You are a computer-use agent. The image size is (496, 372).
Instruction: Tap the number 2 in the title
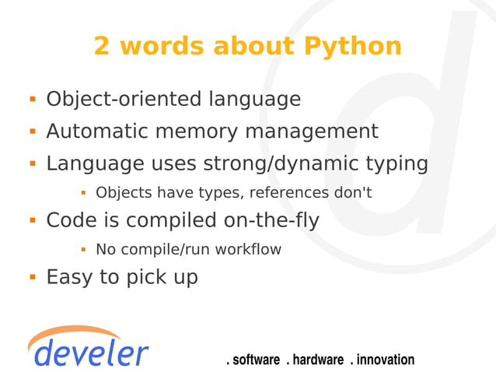[x=102, y=46]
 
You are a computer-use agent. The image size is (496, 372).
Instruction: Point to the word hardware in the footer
[x=318, y=360]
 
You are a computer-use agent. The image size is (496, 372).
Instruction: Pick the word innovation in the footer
[x=385, y=360]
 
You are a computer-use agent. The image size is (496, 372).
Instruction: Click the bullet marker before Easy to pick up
[x=33, y=276]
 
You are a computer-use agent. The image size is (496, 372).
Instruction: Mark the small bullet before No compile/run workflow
[x=82, y=250]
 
